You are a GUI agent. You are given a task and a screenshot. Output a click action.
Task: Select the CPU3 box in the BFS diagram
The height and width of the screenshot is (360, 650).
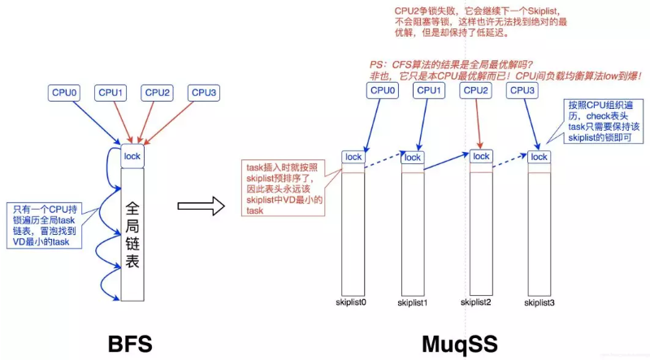click(x=204, y=93)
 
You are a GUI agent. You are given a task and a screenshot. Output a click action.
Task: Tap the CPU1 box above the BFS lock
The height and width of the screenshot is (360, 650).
click(x=110, y=93)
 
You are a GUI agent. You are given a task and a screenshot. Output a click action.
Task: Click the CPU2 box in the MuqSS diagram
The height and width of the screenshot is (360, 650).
click(x=476, y=90)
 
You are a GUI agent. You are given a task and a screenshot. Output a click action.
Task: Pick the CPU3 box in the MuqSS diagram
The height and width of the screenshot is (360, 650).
click(x=522, y=90)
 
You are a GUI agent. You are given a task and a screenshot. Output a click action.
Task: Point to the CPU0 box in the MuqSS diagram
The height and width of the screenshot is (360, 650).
click(x=384, y=90)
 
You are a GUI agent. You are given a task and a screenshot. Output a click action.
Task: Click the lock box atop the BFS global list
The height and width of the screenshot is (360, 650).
click(x=132, y=155)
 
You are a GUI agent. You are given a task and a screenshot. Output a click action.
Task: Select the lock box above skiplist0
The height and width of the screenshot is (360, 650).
click(x=353, y=157)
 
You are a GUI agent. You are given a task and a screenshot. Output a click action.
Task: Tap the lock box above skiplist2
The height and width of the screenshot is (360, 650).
click(x=481, y=156)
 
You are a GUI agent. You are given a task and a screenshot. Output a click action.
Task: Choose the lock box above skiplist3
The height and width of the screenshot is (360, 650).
click(x=539, y=157)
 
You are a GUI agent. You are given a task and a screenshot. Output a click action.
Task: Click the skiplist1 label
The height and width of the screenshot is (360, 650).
click(x=413, y=302)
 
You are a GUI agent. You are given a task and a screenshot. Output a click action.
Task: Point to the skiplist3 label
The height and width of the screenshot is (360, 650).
click(x=539, y=302)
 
